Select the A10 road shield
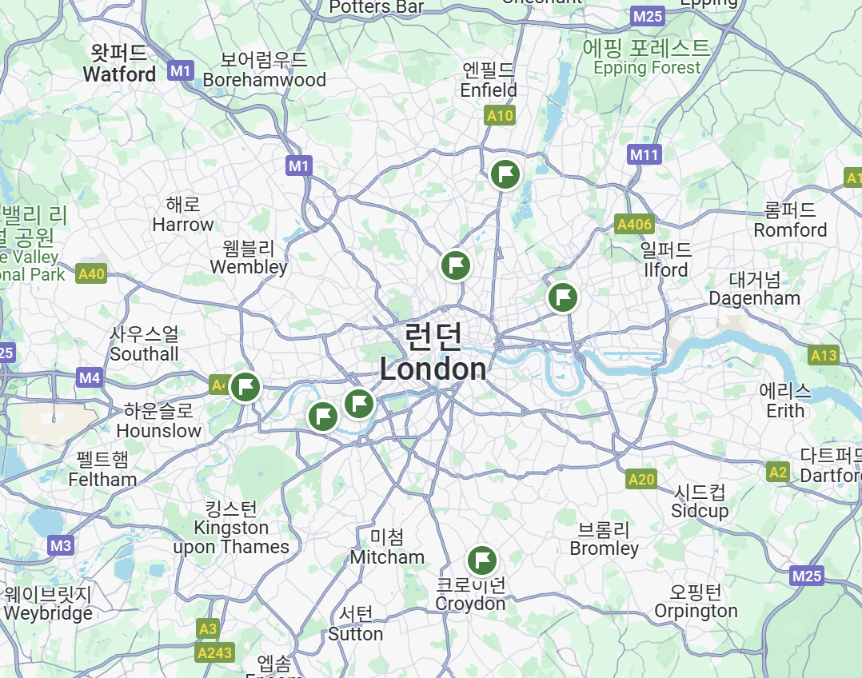pyautogui.click(x=500, y=116)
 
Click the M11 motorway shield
pyautogui.click(x=645, y=154)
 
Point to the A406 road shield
pyautogui.click(x=634, y=225)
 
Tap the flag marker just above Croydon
pyautogui.click(x=482, y=560)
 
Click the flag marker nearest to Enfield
pyautogui.click(x=505, y=173)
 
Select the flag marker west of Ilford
pyautogui.click(x=563, y=297)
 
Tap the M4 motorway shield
pyautogui.click(x=90, y=377)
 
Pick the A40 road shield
pyautogui.click(x=92, y=274)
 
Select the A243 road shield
pyautogui.click(x=214, y=652)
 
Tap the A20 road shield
pyautogui.click(x=641, y=479)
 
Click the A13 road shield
pyautogui.click(x=823, y=356)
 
